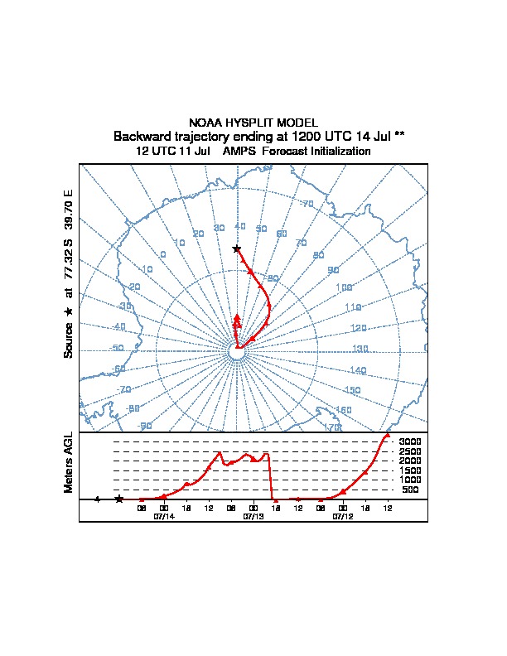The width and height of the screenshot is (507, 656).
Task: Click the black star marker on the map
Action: [x=237, y=248]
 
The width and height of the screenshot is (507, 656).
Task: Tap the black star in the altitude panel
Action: [x=119, y=499]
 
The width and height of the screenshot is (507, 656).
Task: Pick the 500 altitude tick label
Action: [x=411, y=490]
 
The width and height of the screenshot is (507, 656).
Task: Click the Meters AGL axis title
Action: [x=70, y=462]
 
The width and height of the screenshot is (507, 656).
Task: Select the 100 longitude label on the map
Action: [x=344, y=288]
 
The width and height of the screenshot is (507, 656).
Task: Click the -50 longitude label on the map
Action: [x=117, y=349]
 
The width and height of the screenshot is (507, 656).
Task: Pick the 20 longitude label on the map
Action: [x=199, y=234]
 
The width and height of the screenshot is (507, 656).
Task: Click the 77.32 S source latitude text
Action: [x=70, y=263]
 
